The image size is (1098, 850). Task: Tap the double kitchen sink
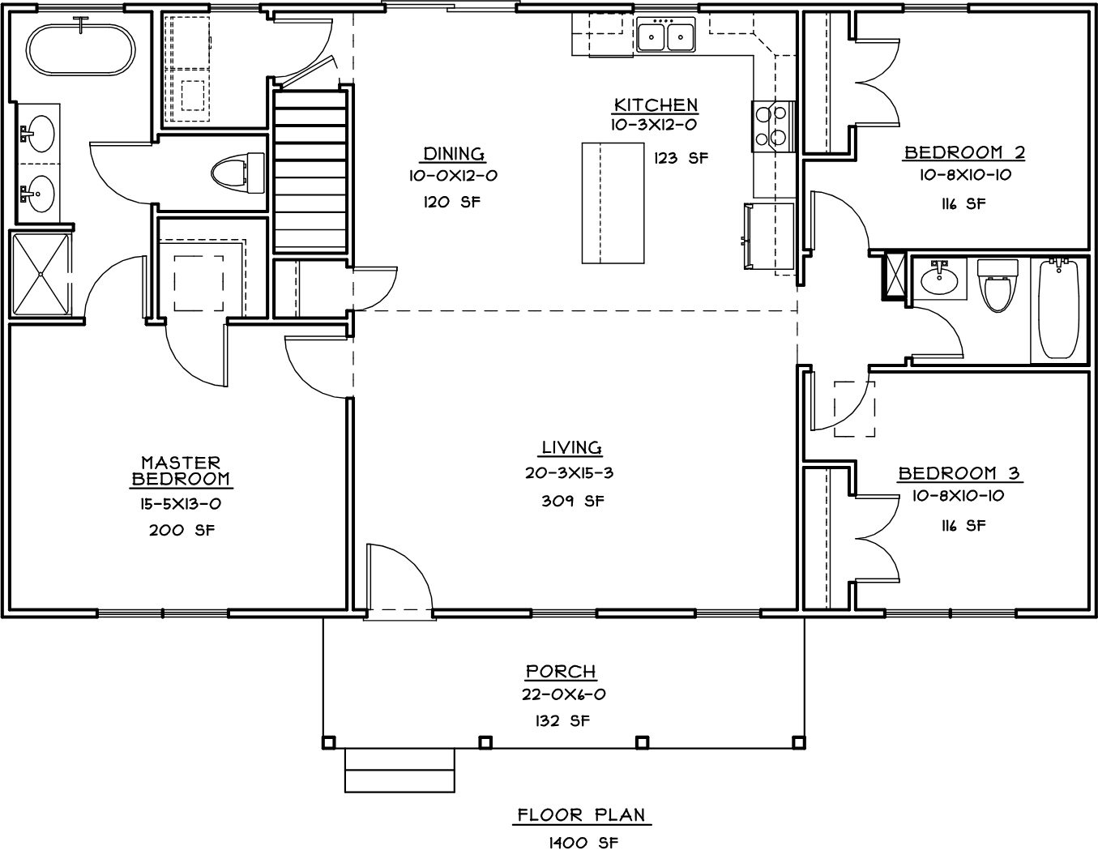(665, 34)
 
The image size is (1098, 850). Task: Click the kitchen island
(613, 203)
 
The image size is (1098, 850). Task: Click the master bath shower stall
(41, 274)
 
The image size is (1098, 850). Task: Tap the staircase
(310, 172)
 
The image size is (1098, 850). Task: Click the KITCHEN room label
(656, 105)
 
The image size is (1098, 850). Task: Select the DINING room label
(454, 153)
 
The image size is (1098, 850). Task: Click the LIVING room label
(571, 447)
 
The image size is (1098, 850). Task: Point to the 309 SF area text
(572, 501)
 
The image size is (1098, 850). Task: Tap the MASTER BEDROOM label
(181, 470)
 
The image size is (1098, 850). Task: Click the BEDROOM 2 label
(964, 152)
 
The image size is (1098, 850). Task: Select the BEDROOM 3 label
(959, 473)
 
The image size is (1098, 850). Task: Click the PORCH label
(561, 671)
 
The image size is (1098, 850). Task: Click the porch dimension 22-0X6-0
(563, 694)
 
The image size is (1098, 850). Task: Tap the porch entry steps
(399, 771)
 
